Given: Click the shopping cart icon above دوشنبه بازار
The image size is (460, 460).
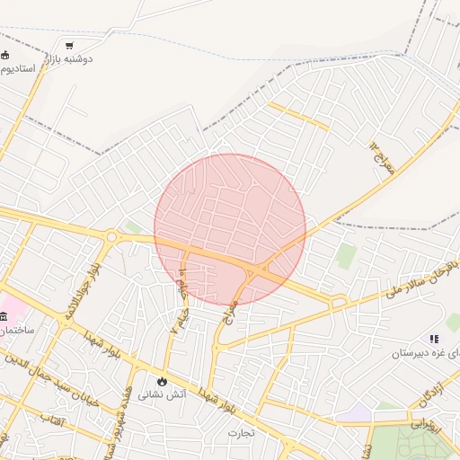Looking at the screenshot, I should click(x=70, y=45).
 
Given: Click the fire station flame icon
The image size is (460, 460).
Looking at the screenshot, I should click(x=163, y=380).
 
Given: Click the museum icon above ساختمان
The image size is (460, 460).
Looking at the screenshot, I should click(x=4, y=315).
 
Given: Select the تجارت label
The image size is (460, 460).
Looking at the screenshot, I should click(x=241, y=433).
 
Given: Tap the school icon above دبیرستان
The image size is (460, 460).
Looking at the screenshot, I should click(x=434, y=340).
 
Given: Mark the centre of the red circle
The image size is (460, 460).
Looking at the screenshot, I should click(x=230, y=229).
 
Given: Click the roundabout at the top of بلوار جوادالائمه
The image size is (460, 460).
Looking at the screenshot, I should click(x=111, y=237).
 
